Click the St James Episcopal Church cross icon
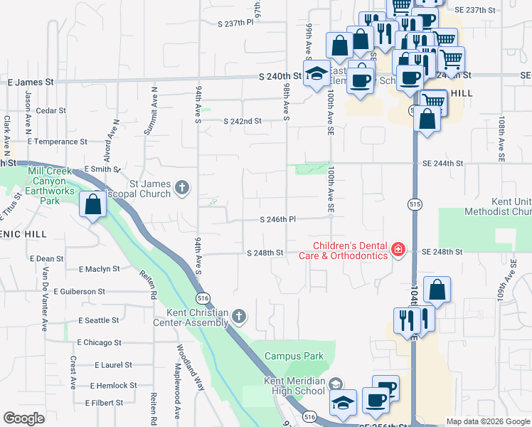(x=182, y=188)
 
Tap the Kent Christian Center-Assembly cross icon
(x=240, y=315)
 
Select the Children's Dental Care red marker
(x=398, y=249)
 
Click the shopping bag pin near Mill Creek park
(x=93, y=205)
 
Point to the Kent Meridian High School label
(x=294, y=386)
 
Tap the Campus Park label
(x=294, y=356)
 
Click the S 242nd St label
(x=243, y=121)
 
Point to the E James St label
(x=31, y=83)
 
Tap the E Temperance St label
(x=56, y=142)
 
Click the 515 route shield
(x=414, y=204)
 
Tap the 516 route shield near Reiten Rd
(x=203, y=297)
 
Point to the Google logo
(x=24, y=418)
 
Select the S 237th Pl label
(x=236, y=23)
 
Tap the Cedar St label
(x=50, y=111)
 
